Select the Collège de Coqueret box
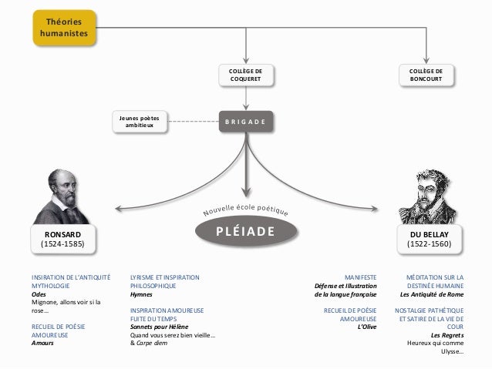[x=245, y=75]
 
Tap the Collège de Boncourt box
[x=426, y=75]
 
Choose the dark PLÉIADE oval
[x=245, y=230]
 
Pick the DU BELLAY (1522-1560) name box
[x=430, y=238]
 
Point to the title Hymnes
[x=142, y=294]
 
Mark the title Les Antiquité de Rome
[x=431, y=294]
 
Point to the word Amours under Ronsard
[x=43, y=344]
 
